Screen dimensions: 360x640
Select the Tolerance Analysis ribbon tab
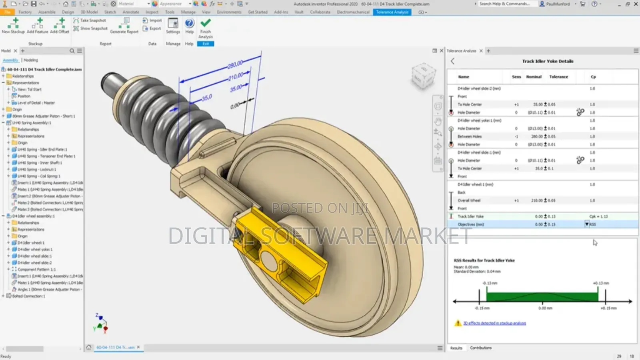[x=392, y=12]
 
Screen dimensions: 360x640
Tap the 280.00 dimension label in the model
[x=235, y=64]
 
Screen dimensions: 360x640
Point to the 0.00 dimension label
[x=235, y=106]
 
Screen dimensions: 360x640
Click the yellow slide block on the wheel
[x=280, y=256]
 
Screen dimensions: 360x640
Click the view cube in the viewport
[x=423, y=76]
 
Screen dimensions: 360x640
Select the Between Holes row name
[x=470, y=136]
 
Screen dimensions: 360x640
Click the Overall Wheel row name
[x=469, y=200]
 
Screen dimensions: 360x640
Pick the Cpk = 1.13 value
[x=598, y=216]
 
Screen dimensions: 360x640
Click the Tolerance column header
[x=558, y=77]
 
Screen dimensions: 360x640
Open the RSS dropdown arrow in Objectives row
[x=587, y=224]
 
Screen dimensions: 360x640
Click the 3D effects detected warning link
[x=494, y=323]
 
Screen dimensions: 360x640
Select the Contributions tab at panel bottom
[x=480, y=348]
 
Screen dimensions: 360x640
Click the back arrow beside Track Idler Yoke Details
[x=452, y=61]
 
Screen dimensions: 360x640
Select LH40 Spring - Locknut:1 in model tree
[x=36, y=170]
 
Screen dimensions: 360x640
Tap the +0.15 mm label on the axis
[x=608, y=308]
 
